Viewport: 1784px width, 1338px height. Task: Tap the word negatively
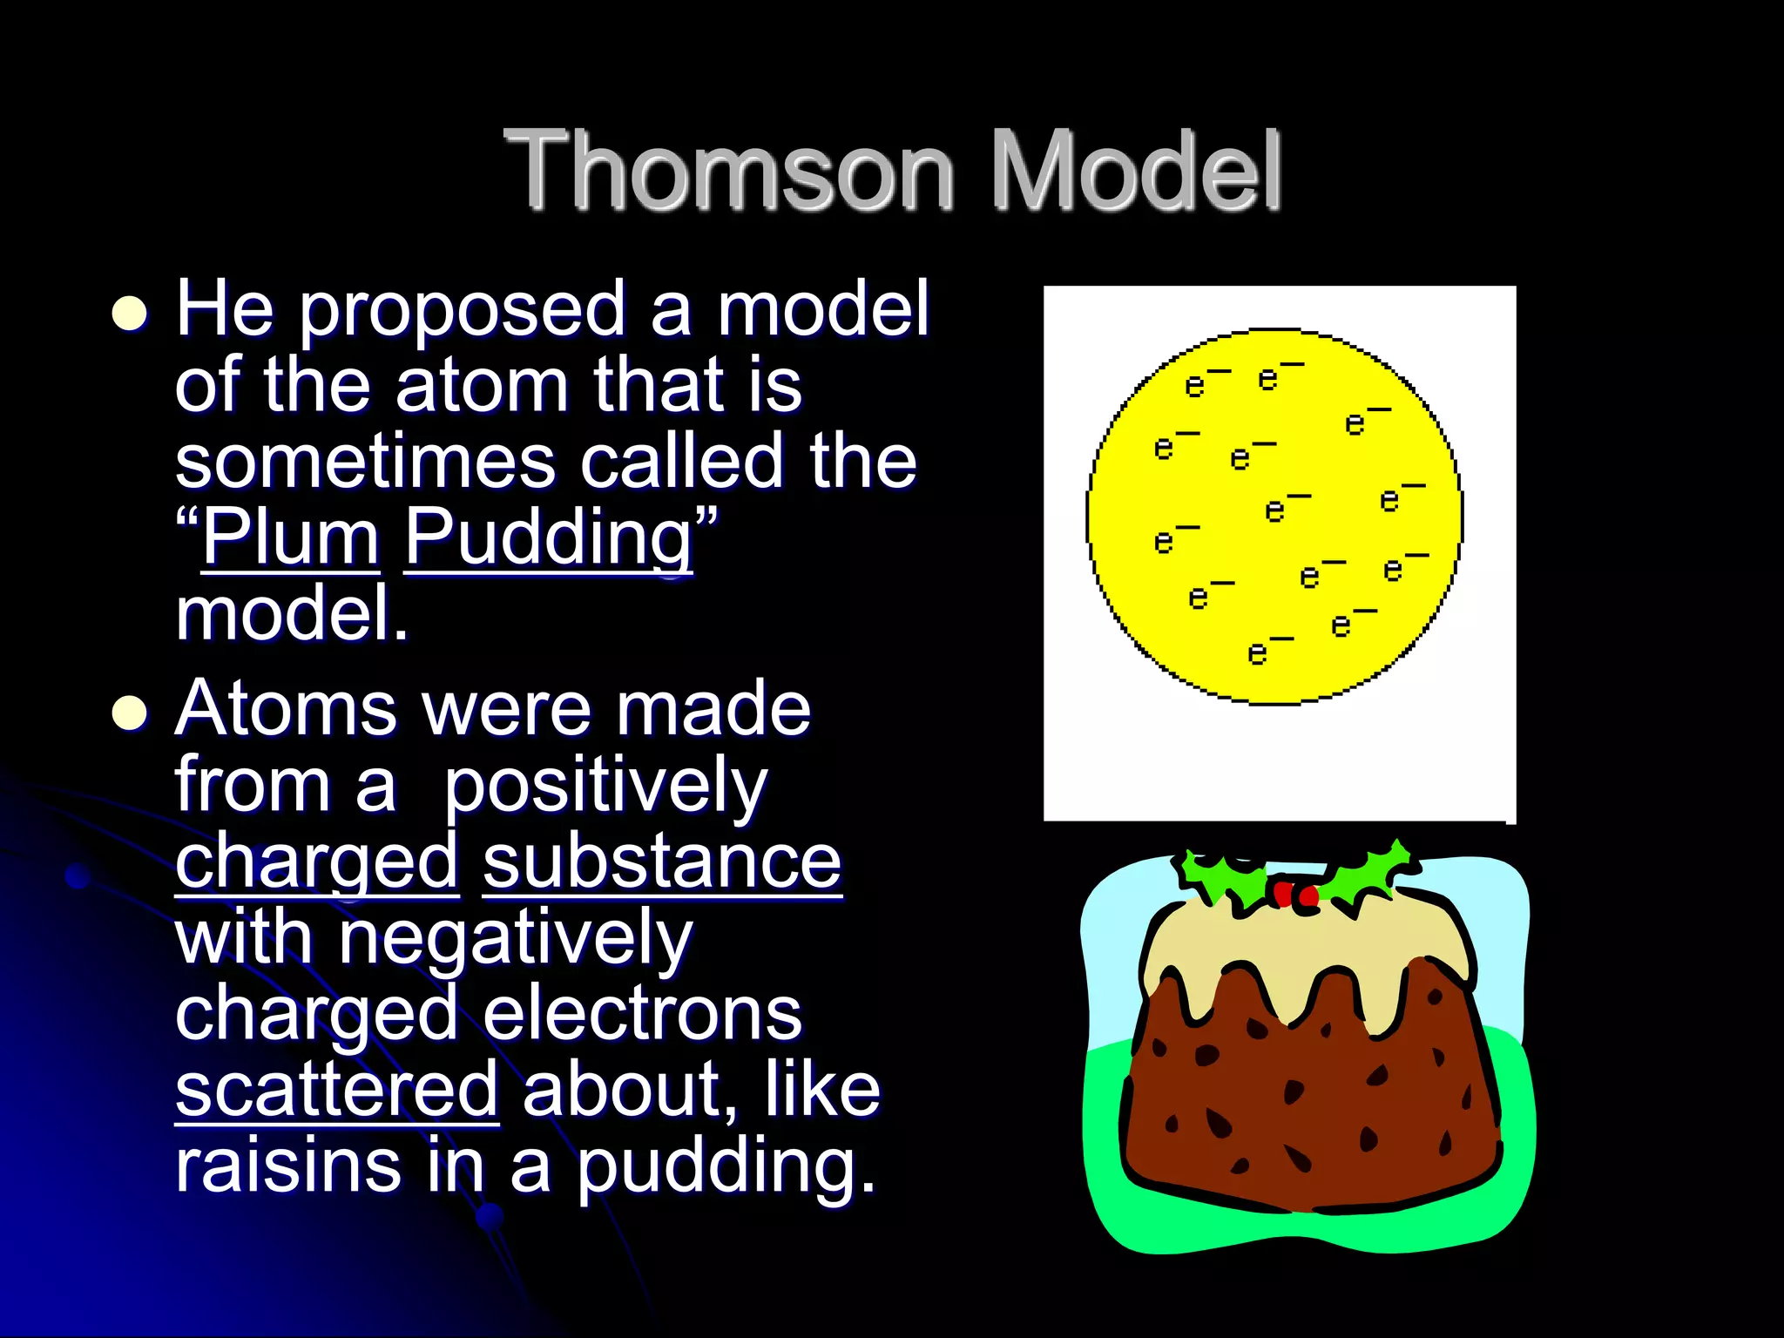point(516,938)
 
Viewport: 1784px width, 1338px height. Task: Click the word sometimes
point(365,461)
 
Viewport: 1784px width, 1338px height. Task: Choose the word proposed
point(463,308)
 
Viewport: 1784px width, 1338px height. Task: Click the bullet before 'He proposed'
point(130,313)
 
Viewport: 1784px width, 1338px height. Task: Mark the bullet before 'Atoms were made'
point(130,713)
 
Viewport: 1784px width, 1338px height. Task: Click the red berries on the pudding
point(1295,895)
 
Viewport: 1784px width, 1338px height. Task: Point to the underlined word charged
point(317,862)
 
